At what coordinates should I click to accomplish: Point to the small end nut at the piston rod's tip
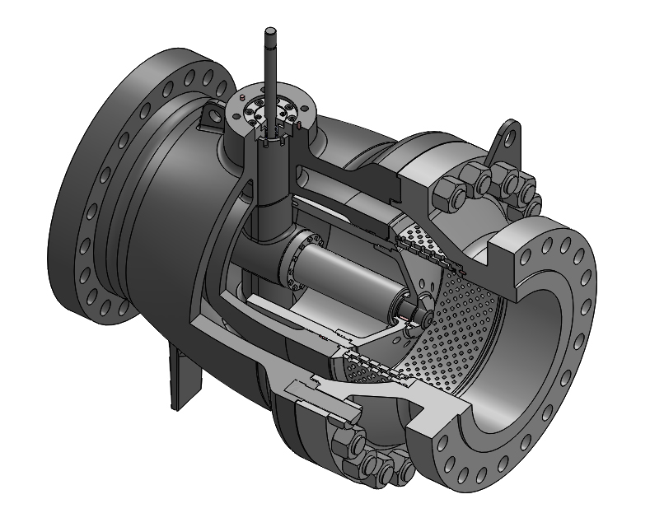click(422, 312)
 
